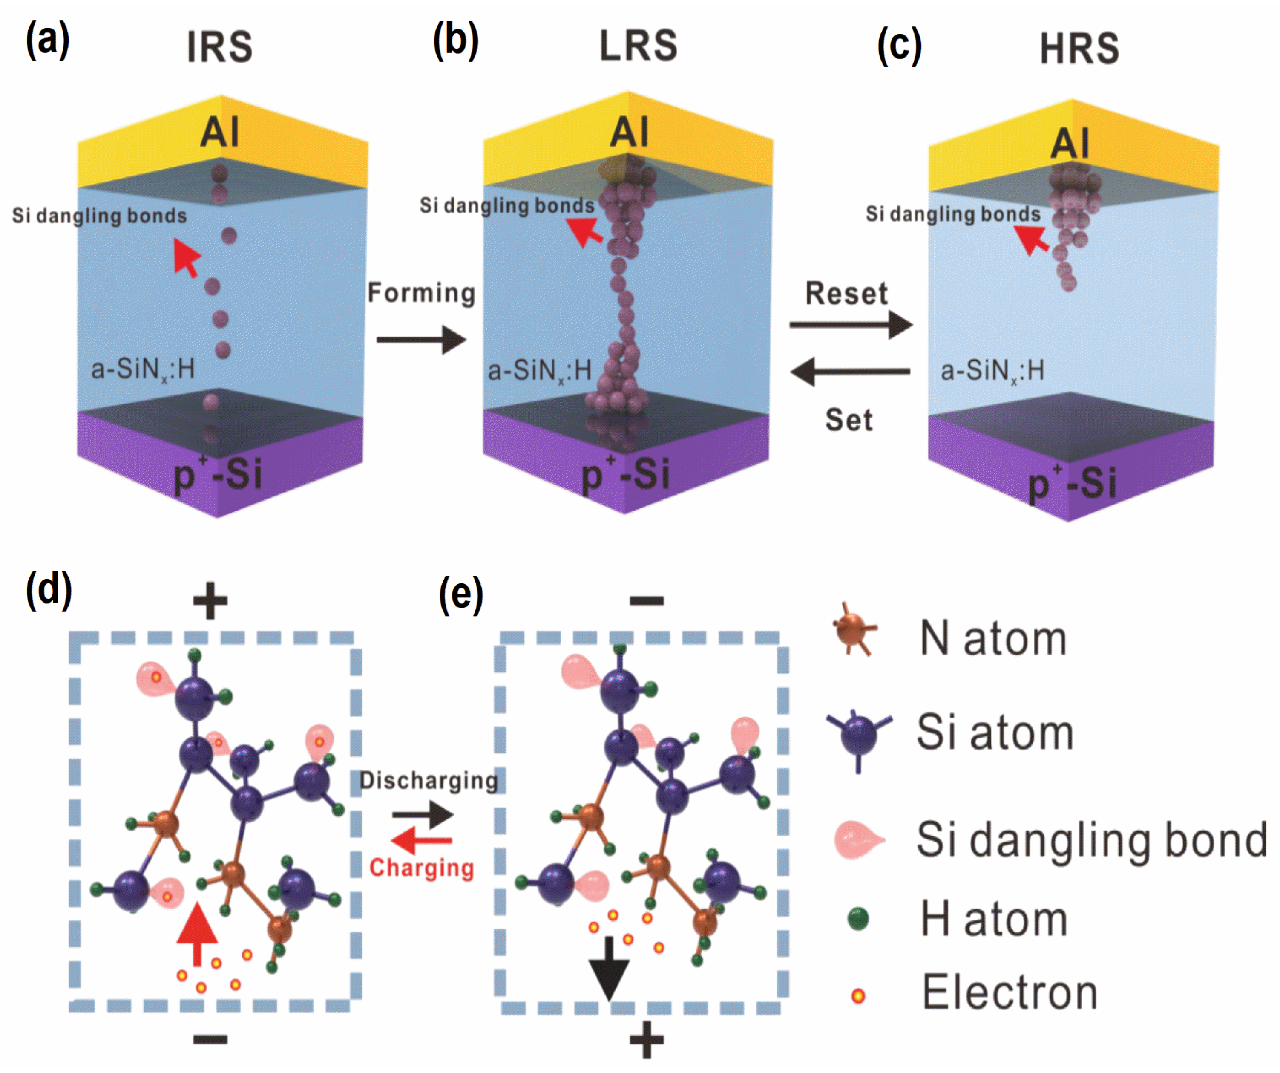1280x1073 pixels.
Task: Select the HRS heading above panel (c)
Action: click(x=1079, y=49)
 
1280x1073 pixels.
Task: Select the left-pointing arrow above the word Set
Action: click(x=850, y=371)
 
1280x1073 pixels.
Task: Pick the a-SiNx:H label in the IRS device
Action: click(x=143, y=369)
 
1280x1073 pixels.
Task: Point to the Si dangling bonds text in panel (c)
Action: click(x=953, y=214)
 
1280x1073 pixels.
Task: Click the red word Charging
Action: click(x=422, y=868)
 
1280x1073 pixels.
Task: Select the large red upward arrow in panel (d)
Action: click(x=197, y=933)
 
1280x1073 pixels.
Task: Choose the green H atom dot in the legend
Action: click(x=858, y=919)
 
